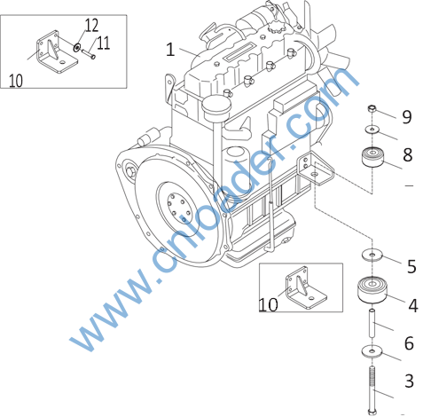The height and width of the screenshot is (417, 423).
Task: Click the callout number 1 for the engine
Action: click(170, 50)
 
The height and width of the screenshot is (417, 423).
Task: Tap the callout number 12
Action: click(91, 26)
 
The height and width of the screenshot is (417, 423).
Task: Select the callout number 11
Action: click(103, 43)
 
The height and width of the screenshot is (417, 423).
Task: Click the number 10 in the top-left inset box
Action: click(16, 81)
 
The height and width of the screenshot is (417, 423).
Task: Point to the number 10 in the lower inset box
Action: click(269, 304)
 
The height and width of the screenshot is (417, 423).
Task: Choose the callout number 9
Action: click(407, 117)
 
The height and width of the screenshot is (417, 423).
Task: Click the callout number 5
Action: click(411, 266)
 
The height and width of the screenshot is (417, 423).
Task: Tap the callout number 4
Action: click(413, 305)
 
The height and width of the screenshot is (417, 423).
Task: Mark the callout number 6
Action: click(409, 343)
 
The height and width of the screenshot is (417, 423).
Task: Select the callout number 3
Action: click(409, 381)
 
